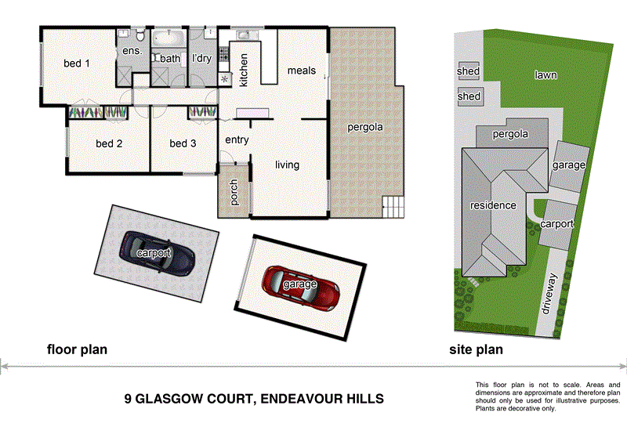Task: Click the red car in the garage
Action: [x=301, y=287]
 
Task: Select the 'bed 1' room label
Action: [x=76, y=63]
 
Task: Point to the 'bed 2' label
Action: [x=109, y=143]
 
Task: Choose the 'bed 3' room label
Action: [x=183, y=143]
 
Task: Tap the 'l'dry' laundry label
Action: [x=202, y=58]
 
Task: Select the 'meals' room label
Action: [x=301, y=71]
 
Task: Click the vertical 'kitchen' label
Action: [x=244, y=70]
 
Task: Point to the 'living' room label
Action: [x=287, y=165]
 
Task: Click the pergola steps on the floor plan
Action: [x=393, y=208]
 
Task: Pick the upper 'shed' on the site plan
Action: [x=469, y=72]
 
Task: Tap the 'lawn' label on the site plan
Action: [x=546, y=75]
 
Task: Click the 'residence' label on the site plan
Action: [x=493, y=205]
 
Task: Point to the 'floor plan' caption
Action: [x=77, y=349]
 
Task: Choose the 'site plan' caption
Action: [x=476, y=349]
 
